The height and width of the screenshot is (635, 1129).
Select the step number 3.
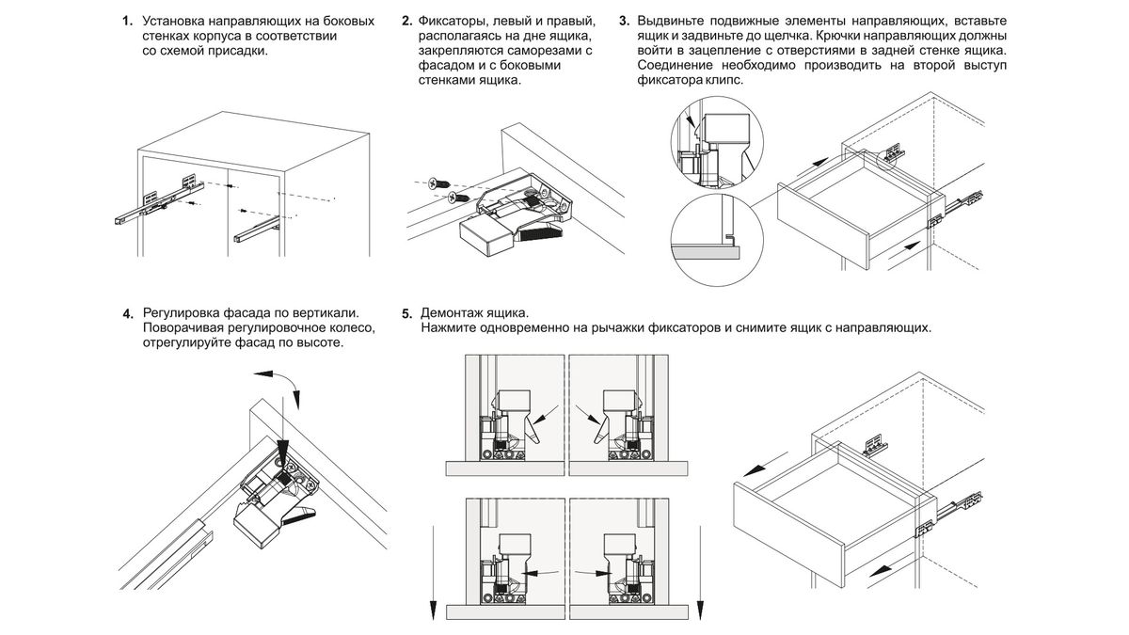tap(625, 21)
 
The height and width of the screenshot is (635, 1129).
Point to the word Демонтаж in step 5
tap(455, 312)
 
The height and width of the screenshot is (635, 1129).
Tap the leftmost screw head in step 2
tap(435, 183)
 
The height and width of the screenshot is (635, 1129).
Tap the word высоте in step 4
tap(319, 343)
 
